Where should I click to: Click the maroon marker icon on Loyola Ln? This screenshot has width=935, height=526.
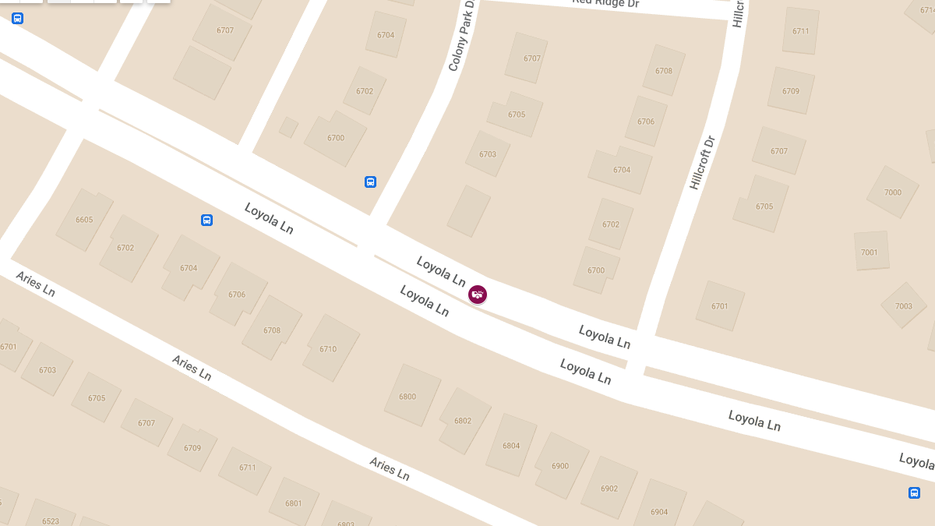478,295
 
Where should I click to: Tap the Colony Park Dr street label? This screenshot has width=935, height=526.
461,37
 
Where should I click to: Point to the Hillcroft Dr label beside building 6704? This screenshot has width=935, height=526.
701,163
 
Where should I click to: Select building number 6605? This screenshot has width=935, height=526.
84,220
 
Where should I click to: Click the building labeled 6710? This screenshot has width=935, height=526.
328,349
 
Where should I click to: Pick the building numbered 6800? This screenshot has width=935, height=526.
408,397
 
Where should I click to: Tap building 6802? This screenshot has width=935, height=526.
463,421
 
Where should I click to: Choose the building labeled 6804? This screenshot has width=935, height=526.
511,446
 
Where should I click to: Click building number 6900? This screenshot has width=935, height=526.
560,466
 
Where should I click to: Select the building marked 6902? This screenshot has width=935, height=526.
609,489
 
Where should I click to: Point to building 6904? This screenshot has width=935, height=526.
659,511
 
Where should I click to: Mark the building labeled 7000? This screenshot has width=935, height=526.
893,192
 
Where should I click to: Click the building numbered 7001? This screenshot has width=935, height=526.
870,252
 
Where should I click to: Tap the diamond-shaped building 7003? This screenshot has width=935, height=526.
904,305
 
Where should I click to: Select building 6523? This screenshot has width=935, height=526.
51,521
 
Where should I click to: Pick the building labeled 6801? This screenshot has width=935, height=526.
294,503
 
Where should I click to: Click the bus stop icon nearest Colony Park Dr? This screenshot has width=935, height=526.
371,182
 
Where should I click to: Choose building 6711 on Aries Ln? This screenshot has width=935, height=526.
248,468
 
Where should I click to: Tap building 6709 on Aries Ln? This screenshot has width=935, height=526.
192,448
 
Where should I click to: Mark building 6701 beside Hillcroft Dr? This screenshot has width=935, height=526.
720,306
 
